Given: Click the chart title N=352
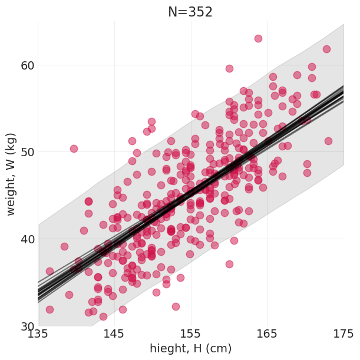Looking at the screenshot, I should click(x=190, y=12).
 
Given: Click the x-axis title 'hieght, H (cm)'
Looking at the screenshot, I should click(x=190, y=349).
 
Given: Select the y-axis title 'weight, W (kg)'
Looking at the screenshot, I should click(x=11, y=173).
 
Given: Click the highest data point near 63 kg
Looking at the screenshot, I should click(x=258, y=38).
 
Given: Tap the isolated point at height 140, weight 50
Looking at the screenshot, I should click(x=74, y=148).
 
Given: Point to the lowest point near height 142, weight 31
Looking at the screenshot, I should click(x=103, y=316).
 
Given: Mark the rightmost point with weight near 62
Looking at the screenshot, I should click(x=326, y=49).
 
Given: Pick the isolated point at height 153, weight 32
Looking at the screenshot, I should click(x=176, y=306).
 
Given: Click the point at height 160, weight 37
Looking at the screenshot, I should click(x=229, y=264).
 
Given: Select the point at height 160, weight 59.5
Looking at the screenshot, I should click(x=229, y=68).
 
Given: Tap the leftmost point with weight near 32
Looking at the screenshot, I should click(x=49, y=309).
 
